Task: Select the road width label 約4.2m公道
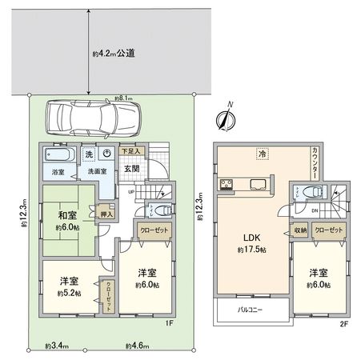[113, 54]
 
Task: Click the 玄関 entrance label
[132, 169]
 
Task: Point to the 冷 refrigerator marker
[261, 152]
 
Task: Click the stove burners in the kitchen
[224, 186]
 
